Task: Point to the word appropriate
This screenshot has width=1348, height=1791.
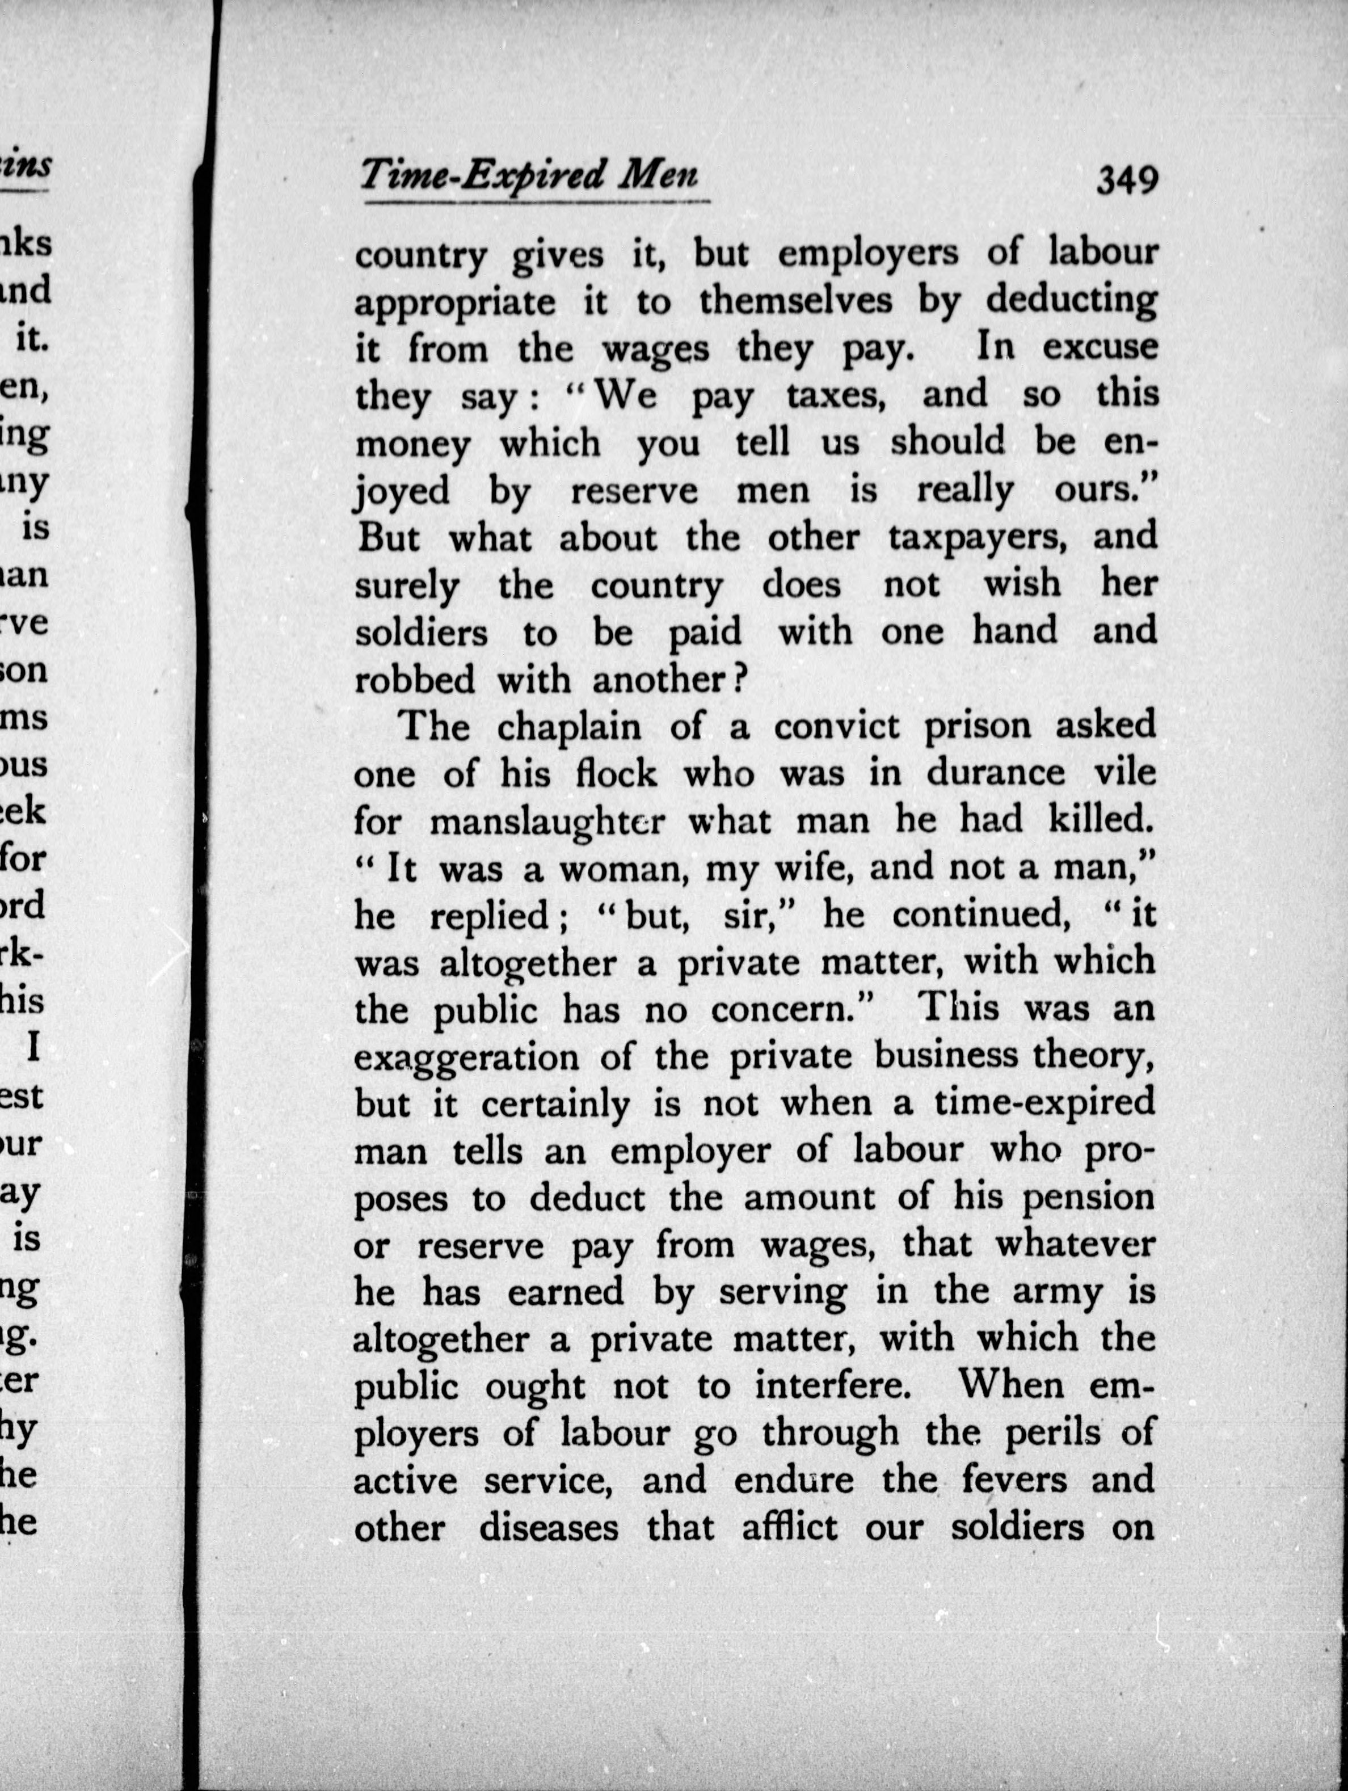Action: pyautogui.click(x=455, y=304)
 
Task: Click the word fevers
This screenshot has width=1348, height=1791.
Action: pyautogui.click(x=1016, y=1481)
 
